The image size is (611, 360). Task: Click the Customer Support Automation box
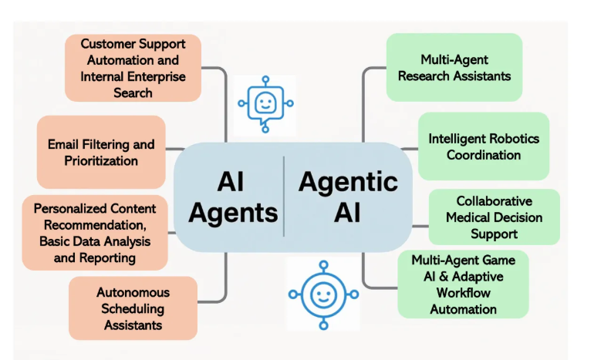[133, 67]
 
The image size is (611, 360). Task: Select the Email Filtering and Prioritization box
[100, 152]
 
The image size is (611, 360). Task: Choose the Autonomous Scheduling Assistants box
[133, 308]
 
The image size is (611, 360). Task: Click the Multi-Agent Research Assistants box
[454, 67]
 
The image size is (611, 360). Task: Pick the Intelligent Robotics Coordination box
[484, 146]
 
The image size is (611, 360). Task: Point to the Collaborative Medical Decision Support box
[494, 217]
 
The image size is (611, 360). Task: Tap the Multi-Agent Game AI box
[463, 284]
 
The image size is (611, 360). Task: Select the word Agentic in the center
[348, 182]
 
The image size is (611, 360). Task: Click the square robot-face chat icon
[265, 103]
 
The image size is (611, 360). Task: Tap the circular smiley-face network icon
[322, 294]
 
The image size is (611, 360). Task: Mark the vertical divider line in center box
[284, 196]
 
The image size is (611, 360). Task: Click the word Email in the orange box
[62, 144]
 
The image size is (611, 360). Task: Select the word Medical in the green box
[469, 217]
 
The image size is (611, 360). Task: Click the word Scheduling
[133, 308]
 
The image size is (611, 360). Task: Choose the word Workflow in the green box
[463, 293]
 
